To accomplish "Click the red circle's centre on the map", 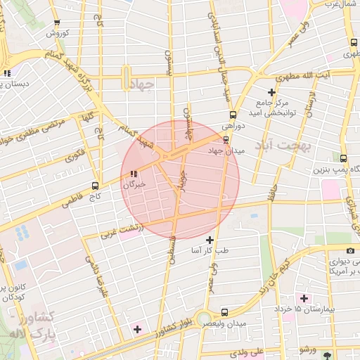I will click(180, 179).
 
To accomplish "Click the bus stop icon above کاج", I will click(96, 187).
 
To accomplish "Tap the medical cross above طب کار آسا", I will click(210, 240).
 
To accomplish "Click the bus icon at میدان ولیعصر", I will click(224, 312).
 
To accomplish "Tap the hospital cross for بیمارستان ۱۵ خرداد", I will click(304, 298).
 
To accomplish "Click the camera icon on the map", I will click(350, 251).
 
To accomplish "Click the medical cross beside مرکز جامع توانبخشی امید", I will click(272, 92).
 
